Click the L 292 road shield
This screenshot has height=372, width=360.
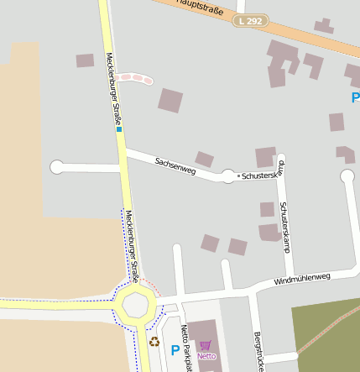(251, 20)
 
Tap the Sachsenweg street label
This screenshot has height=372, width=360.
(175, 165)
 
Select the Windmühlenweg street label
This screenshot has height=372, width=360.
(302, 279)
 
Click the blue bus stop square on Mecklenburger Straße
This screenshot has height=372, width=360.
(119, 130)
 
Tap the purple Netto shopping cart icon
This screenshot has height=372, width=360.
(206, 344)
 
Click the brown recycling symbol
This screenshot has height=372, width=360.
(154, 342)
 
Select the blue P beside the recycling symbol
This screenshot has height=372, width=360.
(175, 350)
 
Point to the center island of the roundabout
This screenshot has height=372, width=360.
(135, 306)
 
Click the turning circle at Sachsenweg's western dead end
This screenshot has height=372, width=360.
(57, 167)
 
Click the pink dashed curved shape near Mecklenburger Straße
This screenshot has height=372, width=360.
(134, 78)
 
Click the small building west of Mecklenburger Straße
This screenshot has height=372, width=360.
(85, 60)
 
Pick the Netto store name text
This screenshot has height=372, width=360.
(206, 356)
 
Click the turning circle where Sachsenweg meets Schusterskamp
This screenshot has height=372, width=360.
(228, 176)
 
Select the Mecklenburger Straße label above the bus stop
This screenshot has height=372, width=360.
(113, 88)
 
